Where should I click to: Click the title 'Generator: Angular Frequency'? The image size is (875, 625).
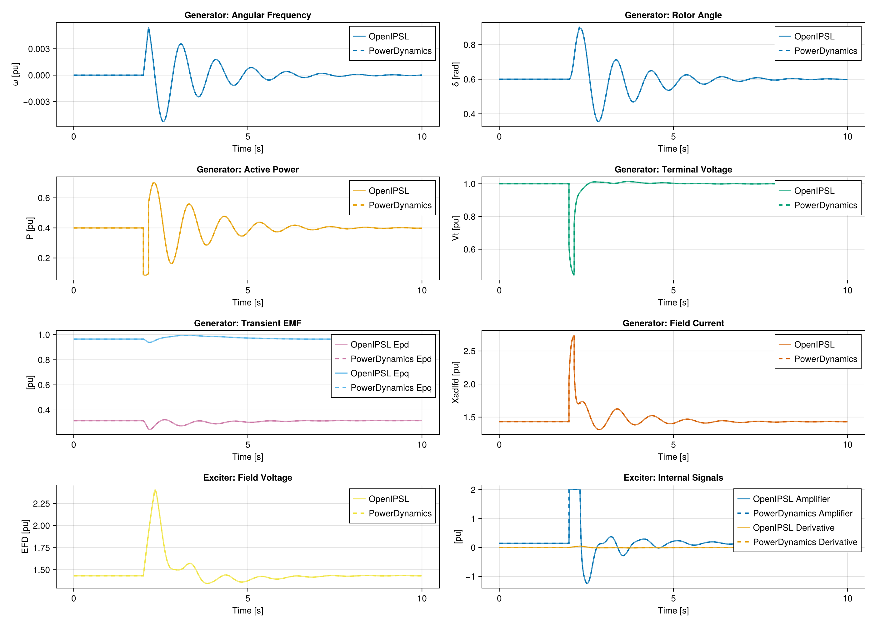247,15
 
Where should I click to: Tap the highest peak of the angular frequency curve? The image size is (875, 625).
148,28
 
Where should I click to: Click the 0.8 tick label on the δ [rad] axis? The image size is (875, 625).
469,45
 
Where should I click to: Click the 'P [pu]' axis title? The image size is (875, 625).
30,228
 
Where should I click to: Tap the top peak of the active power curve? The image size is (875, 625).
154,183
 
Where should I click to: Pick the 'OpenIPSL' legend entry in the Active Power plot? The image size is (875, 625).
389,191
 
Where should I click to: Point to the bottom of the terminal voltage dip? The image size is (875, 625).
574,274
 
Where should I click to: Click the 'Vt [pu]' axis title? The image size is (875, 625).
456,228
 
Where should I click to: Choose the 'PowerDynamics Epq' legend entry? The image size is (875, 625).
391,387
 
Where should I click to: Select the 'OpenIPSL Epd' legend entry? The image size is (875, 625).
379,344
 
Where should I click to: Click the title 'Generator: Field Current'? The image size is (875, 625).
673,323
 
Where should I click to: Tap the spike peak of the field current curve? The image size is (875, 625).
574,336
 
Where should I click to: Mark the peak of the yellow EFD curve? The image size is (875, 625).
155,490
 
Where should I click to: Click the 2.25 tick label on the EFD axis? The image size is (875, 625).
41,504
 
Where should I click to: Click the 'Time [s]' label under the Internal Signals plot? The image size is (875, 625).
673,610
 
